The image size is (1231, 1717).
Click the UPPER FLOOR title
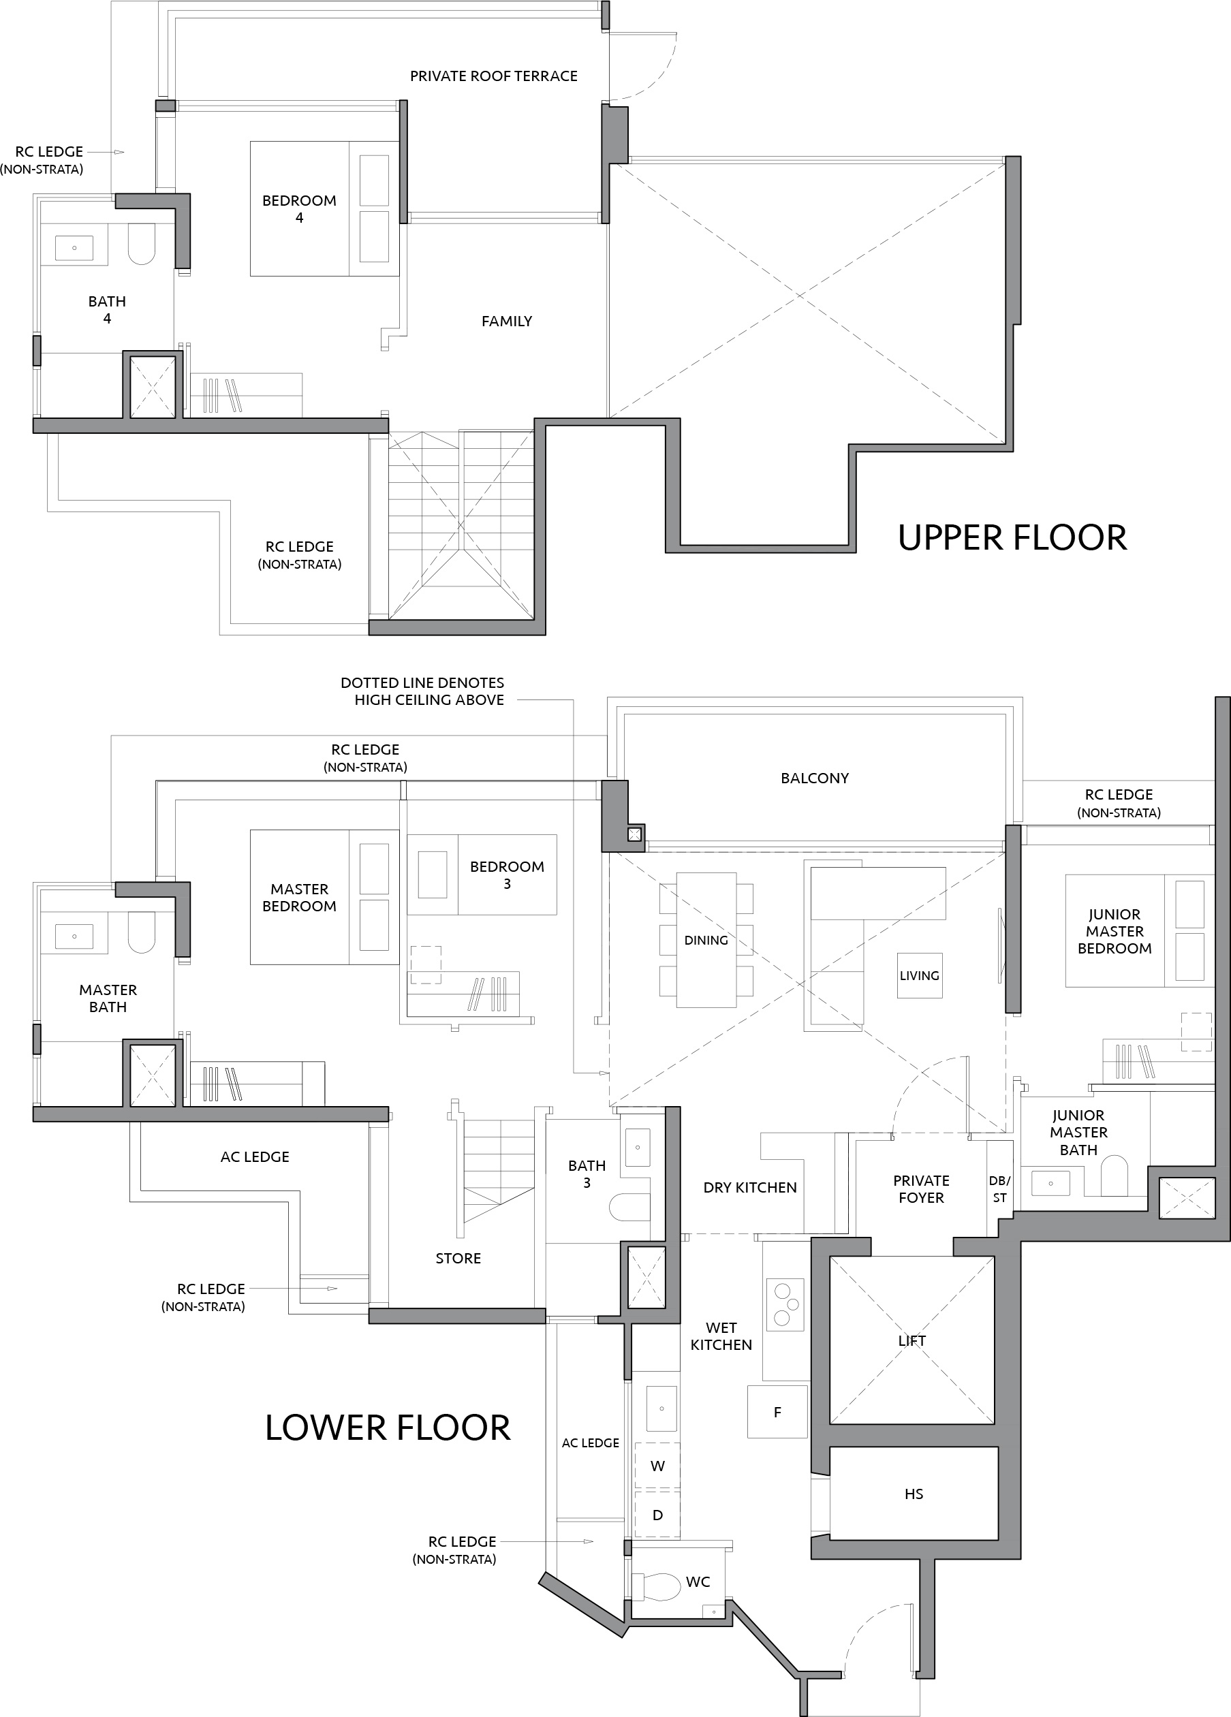point(1012,537)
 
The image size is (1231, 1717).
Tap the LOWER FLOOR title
point(388,1428)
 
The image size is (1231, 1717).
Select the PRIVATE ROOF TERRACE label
point(494,76)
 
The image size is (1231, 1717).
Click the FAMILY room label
point(506,321)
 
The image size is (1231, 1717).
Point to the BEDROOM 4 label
point(299,209)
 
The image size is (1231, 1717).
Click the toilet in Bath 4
point(142,243)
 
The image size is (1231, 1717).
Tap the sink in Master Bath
point(74,936)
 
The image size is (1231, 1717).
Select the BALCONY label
point(815,778)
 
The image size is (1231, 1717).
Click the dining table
point(706,941)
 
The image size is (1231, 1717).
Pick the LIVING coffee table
point(920,976)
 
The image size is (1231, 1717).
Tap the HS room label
point(914,1494)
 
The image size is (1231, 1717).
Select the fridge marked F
point(777,1412)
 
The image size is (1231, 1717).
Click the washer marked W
point(657,1466)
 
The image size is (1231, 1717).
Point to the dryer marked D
point(657,1515)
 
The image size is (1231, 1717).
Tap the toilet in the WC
point(655,1587)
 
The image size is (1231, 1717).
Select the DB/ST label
point(999,1189)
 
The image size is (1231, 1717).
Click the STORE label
point(458,1258)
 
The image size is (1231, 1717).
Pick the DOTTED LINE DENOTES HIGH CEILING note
point(422,691)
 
